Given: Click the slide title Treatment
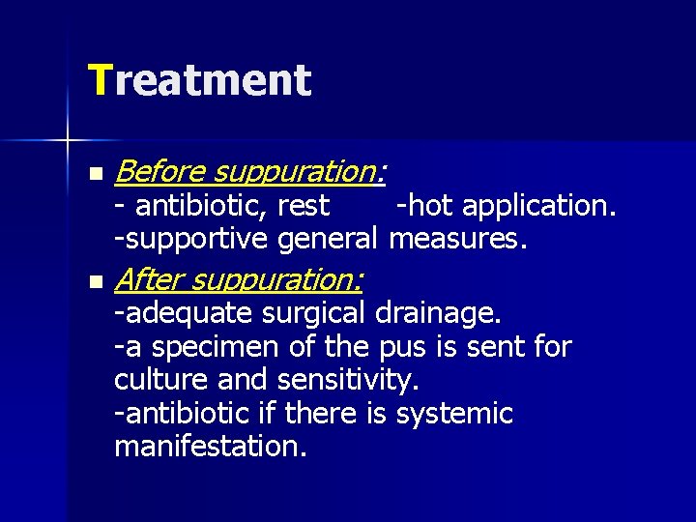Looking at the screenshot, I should pyautogui.click(x=199, y=81).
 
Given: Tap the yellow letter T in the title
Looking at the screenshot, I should pyautogui.click(x=100, y=81).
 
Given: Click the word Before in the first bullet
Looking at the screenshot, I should pyautogui.click(x=159, y=172).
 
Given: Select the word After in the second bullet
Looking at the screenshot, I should pyautogui.click(x=148, y=280).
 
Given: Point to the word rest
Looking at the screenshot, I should pyautogui.click(x=303, y=206).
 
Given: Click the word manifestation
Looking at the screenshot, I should pyautogui.click(x=209, y=447).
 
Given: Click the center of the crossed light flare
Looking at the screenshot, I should pyautogui.click(x=69, y=141).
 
